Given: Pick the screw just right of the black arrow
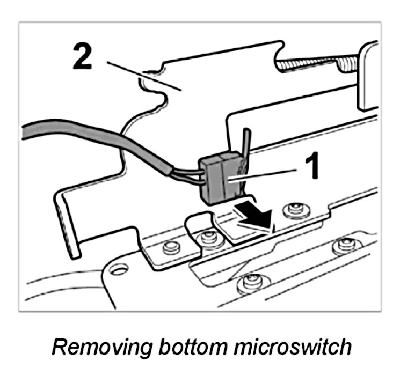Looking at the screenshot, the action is (294, 209).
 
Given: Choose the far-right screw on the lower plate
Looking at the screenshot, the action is (344, 246).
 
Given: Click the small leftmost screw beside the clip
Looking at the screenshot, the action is (171, 246).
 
